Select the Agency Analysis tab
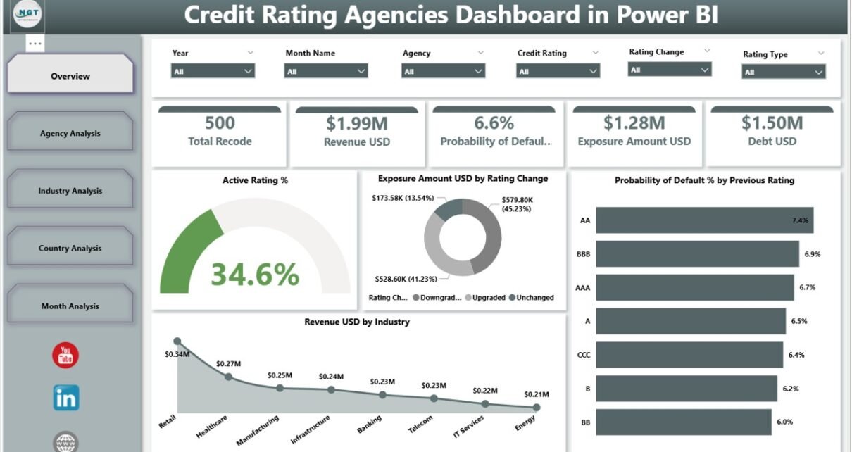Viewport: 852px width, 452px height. click(70, 133)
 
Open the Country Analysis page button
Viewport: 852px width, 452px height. click(70, 248)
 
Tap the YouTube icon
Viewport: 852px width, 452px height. click(66, 355)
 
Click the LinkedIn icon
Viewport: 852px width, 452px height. click(66, 398)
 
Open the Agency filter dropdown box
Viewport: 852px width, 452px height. click(443, 71)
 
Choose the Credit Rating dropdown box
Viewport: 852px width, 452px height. click(558, 71)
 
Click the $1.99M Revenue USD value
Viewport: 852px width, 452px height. click(356, 123)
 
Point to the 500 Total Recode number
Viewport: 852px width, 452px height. click(220, 123)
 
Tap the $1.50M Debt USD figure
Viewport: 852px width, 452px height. click(772, 123)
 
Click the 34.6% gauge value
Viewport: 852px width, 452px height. click(255, 274)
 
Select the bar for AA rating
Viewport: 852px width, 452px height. click(704, 220)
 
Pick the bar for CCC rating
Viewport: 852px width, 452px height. click(689, 355)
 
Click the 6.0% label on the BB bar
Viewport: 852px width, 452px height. click(785, 422)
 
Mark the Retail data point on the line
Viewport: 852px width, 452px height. click(177, 341)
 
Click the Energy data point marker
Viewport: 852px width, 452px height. click(537, 407)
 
